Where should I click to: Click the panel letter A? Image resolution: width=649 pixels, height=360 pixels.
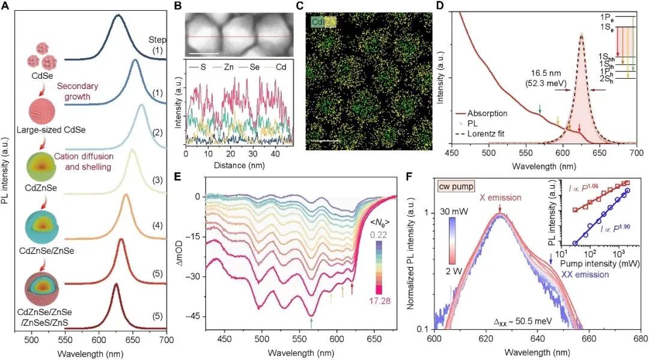[x=7, y=8]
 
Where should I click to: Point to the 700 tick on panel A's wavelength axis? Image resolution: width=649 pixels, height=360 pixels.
[x=166, y=341]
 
